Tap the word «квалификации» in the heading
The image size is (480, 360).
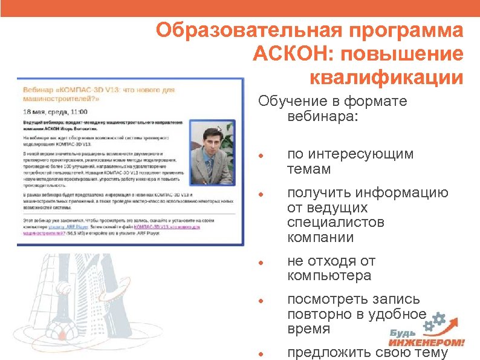pyautogui.click(x=386, y=77)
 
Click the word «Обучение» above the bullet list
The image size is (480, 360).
pyautogui.click(x=285, y=101)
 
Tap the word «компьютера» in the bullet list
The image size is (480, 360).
pyautogui.click(x=329, y=276)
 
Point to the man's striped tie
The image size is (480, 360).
pyautogui.click(x=209, y=166)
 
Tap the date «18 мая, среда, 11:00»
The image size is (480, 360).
pyautogui.click(x=55, y=112)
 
